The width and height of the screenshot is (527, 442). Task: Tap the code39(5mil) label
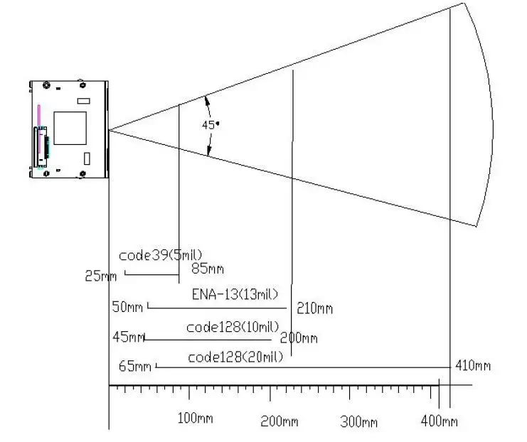coord(161,254)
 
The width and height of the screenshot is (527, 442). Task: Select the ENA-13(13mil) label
coord(235,293)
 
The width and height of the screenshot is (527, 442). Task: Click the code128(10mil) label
coord(232,327)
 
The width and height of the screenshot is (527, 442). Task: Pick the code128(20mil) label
coord(235,357)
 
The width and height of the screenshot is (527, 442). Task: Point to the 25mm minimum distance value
coord(100,276)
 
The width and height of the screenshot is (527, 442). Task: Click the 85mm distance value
coord(207,269)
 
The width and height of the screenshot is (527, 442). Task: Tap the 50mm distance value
coord(127,307)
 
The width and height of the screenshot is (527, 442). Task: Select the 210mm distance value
coord(314,308)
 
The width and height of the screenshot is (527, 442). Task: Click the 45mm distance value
coord(128,337)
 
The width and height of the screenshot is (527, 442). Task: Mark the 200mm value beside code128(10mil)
coord(299,338)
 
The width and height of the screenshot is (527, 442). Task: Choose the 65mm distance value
coord(135,366)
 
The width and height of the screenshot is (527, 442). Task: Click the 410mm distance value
coord(472,366)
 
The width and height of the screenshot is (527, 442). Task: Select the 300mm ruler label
coord(358,421)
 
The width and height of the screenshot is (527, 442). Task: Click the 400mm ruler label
coord(439,421)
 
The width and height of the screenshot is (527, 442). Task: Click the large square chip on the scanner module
coord(72,127)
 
